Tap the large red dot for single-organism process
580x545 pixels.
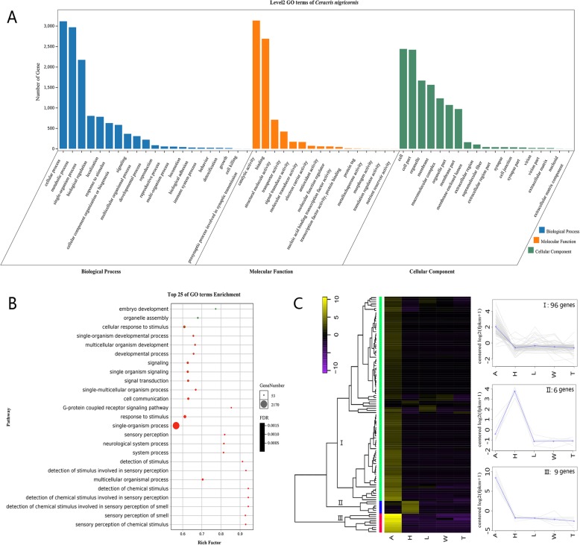coord(176,426)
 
